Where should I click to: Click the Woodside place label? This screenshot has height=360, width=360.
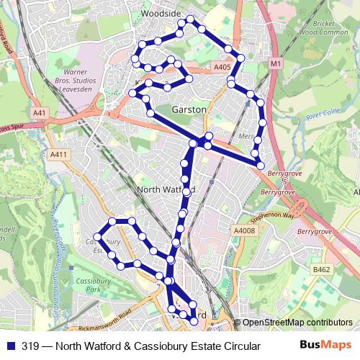tap(161, 13)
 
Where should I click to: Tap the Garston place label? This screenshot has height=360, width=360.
tap(189, 109)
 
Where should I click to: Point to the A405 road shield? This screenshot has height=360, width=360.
tap(222, 68)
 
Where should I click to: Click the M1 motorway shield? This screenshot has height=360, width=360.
tap(275, 64)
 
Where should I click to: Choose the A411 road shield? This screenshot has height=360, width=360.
tap(58, 154)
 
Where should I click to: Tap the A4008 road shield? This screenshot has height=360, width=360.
tap(244, 230)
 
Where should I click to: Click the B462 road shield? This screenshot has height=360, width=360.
tap(322, 269)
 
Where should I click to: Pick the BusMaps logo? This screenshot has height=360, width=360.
tap(328, 346)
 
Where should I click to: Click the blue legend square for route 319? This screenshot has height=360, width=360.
tap(9, 346)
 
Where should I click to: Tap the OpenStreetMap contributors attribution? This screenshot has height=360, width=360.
tap(297, 323)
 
